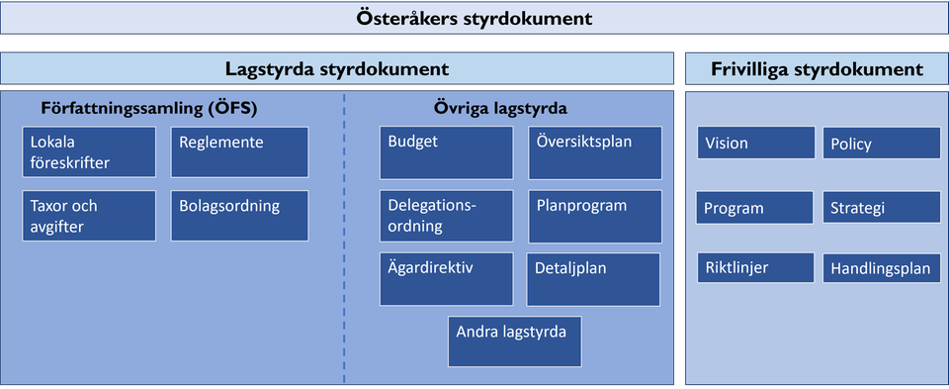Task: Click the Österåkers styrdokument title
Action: click(x=474, y=18)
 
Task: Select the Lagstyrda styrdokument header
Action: click(x=337, y=69)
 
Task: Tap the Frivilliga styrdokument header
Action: click(x=817, y=69)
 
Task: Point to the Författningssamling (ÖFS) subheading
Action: click(x=155, y=107)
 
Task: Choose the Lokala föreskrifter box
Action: click(x=89, y=151)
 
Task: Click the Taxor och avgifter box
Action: click(x=89, y=216)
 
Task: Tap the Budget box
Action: click(x=446, y=151)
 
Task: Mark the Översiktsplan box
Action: click(x=595, y=151)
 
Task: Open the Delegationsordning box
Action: click(x=446, y=216)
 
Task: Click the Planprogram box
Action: click(x=595, y=216)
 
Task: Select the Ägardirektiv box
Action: click(x=446, y=279)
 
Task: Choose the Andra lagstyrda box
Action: click(x=514, y=341)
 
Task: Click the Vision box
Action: click(x=755, y=144)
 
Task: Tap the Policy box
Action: click(x=881, y=144)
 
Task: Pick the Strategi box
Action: click(x=881, y=208)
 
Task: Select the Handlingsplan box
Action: click(x=881, y=268)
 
